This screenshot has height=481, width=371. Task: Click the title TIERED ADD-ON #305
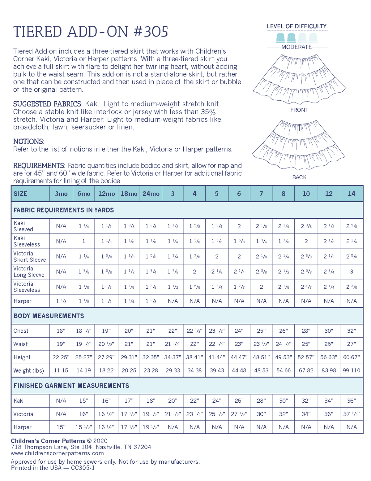tap(91, 32)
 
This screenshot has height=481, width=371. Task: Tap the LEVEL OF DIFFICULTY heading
tap(296, 26)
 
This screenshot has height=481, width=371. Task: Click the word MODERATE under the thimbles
tap(296, 47)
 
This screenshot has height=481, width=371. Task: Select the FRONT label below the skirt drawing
tap(299, 110)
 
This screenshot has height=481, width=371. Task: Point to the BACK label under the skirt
tap(299, 177)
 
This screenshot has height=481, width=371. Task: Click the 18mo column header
tap(129, 194)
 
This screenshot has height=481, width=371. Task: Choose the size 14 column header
tap(352, 194)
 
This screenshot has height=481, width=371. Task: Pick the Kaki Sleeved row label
tap(23, 226)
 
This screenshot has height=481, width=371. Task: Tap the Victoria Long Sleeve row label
tap(29, 272)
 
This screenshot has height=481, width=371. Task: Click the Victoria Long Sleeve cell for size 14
tap(352, 272)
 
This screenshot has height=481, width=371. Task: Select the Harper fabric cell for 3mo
tap(61, 301)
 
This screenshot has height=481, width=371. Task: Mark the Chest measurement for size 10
tap(306, 331)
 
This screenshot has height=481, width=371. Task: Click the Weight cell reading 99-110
tap(352, 370)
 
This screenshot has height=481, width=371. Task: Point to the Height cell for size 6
tap(239, 357)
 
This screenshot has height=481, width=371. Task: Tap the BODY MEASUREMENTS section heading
tap(49, 316)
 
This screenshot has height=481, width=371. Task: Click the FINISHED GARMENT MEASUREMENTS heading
tap(71, 386)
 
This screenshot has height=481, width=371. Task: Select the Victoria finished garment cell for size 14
tap(352, 414)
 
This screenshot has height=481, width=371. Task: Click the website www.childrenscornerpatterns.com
tap(57, 453)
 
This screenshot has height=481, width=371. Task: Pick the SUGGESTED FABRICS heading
tap(48, 104)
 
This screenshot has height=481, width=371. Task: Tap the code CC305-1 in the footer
tap(83, 468)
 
